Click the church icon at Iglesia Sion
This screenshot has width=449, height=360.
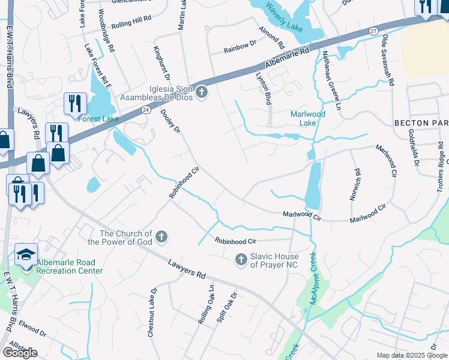[202, 92]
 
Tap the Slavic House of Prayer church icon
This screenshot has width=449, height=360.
[241, 259]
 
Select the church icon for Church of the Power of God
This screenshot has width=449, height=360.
[161, 237]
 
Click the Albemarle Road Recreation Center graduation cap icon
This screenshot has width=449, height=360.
[26, 255]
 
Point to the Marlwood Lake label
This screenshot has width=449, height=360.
[308, 118]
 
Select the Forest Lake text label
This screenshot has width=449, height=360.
[98, 119]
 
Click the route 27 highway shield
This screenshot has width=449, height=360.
[373, 31]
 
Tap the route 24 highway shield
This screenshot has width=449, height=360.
[146, 110]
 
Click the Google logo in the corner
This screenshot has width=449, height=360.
[20, 353]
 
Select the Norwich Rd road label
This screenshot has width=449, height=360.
[355, 184]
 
